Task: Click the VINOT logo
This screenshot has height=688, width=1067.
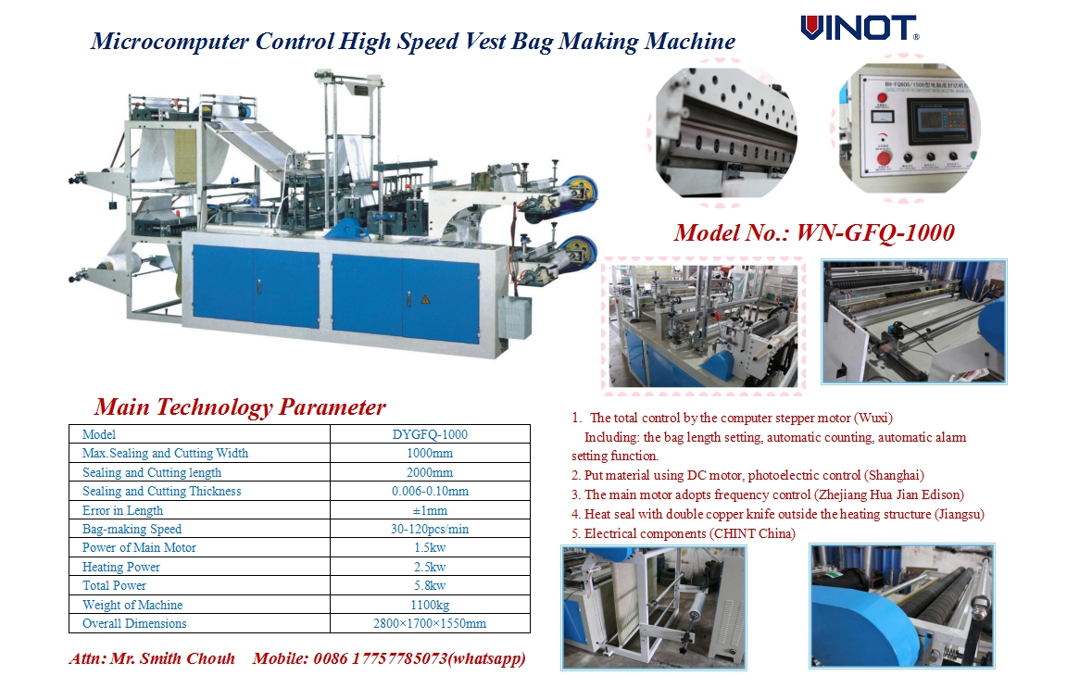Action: [860, 28]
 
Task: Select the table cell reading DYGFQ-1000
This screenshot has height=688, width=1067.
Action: [430, 434]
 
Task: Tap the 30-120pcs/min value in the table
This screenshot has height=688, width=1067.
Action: [430, 529]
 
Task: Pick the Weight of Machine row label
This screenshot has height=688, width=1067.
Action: [132, 605]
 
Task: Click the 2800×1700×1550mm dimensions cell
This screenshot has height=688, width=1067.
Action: [430, 623]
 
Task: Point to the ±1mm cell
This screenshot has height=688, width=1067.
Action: [430, 510]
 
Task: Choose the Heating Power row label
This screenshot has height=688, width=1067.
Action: [121, 567]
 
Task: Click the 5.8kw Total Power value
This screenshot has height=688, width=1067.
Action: [430, 585]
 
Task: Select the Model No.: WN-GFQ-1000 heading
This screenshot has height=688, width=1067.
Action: [814, 232]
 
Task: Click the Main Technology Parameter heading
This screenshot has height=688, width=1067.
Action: [240, 407]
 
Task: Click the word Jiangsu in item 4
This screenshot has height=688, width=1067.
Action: [960, 515]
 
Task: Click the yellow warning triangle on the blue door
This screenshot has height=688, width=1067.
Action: [425, 299]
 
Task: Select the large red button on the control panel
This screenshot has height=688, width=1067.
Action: [884, 158]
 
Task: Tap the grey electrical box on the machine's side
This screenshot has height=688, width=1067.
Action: [514, 317]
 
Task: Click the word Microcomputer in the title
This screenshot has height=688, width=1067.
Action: [170, 42]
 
